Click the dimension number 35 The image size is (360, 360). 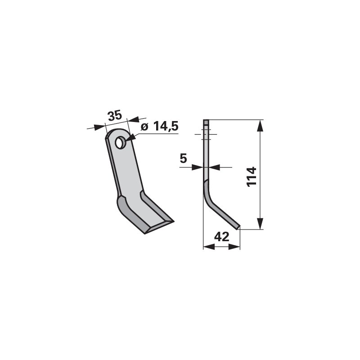point(115,116)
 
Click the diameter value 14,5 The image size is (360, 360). point(166,126)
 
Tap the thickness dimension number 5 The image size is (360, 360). point(183,158)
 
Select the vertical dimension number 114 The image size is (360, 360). point(252,177)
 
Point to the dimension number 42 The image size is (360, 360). point(221,237)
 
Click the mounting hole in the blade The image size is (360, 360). point(119,143)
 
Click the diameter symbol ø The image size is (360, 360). point(144,126)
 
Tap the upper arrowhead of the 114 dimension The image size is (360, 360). point(260,126)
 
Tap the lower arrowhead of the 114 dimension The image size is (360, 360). point(260,223)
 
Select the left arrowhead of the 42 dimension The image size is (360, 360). point(209,247)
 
